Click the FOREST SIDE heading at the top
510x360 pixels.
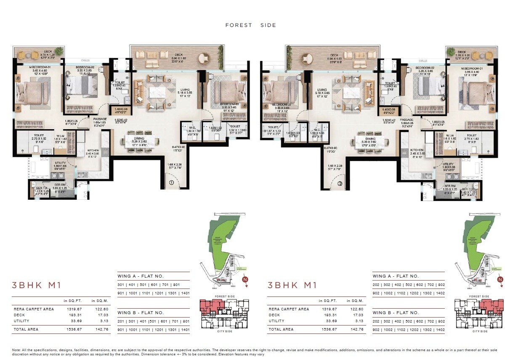point(251,25)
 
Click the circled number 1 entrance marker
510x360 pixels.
point(172,183)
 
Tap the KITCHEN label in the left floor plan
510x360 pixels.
point(93,150)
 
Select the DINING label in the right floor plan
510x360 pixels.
point(370,139)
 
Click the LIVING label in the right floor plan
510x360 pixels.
point(322,90)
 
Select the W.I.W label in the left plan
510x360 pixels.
point(61,136)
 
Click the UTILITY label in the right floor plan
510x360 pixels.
point(448,164)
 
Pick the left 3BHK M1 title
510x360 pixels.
point(37,286)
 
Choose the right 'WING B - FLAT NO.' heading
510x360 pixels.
point(396,313)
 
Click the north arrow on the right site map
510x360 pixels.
point(500,280)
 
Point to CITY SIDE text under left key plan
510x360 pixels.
point(223,331)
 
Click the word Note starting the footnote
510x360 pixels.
point(16,350)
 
